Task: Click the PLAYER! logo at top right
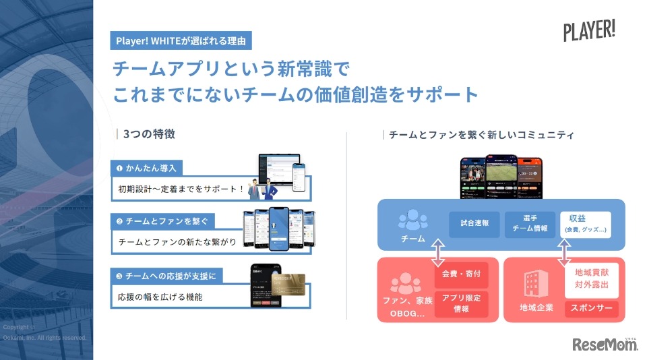tap(589, 31)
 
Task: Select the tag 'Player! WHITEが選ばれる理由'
tap(181, 40)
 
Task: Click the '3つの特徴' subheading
tap(149, 133)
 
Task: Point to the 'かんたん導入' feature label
tap(152, 167)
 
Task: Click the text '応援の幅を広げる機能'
tap(160, 296)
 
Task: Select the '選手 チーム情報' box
tap(529, 224)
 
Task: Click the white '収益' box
tap(585, 224)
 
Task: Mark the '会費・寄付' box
tap(461, 275)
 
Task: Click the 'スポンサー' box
tap(591, 309)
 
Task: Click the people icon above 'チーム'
tap(412, 221)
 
